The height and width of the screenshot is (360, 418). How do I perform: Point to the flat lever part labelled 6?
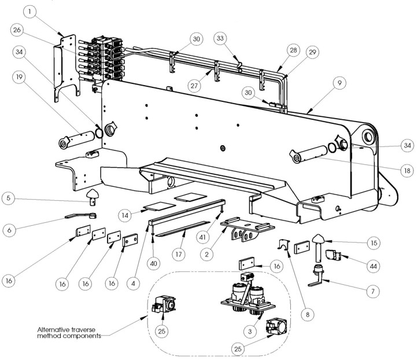(x=77, y=216)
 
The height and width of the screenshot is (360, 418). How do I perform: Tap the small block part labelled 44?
(x=332, y=253)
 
